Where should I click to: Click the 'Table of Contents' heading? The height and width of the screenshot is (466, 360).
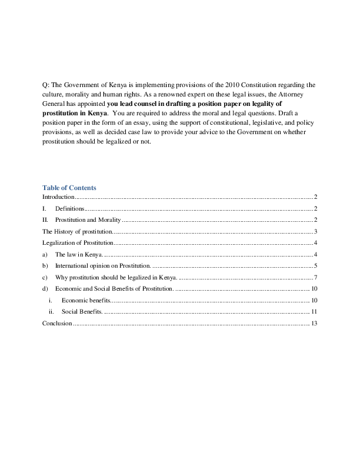[x=69, y=188]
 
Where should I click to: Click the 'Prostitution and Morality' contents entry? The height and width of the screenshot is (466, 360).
[x=88, y=219]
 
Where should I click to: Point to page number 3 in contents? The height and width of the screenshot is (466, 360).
[x=316, y=231]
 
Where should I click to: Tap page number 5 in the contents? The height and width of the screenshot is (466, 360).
[x=316, y=265]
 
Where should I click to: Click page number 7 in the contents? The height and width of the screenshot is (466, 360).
[x=316, y=277]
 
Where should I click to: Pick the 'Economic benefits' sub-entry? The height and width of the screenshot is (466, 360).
[x=85, y=300]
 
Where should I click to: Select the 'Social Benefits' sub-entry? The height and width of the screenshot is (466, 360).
[x=82, y=311]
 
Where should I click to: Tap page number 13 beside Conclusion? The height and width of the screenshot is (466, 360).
[x=314, y=323]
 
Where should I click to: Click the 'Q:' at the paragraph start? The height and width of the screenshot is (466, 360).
[x=45, y=85]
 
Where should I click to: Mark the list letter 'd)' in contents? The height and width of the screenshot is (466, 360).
[x=45, y=288]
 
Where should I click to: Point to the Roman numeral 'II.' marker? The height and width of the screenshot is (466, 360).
[x=45, y=219]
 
